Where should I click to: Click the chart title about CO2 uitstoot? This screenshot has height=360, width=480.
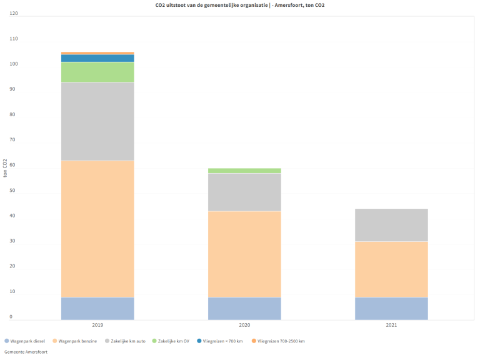240,5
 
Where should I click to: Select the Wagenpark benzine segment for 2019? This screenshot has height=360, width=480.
97,229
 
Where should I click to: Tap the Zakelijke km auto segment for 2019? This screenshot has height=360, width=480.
97,121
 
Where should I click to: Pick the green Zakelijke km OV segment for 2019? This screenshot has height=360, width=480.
97,72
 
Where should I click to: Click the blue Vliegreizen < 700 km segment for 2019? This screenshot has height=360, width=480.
97,58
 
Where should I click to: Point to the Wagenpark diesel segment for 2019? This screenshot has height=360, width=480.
97,308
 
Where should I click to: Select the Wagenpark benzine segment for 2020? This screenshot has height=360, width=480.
244,254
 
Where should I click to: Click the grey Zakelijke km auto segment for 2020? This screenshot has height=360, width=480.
244,192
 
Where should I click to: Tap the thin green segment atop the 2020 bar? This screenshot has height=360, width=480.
244,171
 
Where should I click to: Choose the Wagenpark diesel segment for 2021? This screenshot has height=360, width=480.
391,308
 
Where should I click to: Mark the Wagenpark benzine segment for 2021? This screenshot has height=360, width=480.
391,269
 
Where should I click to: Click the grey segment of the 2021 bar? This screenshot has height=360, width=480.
391,225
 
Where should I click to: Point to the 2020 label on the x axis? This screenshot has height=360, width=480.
244,326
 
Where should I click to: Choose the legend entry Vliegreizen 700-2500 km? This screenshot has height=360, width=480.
281,341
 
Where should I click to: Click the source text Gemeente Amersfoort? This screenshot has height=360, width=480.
26,352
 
